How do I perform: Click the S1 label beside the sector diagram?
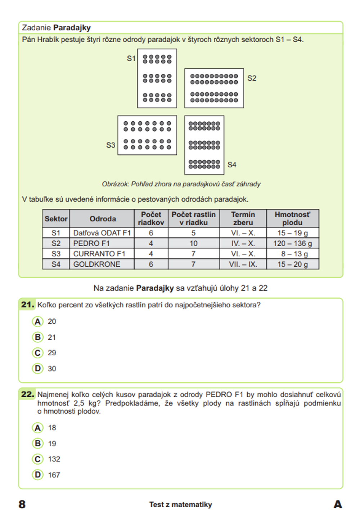point(131,58)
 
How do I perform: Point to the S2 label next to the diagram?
point(252,78)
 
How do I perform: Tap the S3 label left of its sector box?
point(111,145)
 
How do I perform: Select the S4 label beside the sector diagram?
point(232,165)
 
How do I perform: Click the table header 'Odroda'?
point(103,219)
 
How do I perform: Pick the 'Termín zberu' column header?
point(243,219)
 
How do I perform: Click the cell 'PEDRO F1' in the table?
point(91,243)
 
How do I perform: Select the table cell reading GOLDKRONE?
point(96,264)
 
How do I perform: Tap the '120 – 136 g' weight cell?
point(292,243)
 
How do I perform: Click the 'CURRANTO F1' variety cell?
point(99,254)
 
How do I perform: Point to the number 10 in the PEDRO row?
point(193,243)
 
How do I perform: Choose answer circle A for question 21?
point(38,321)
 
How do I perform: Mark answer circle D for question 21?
point(38,369)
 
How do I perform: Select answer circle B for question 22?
point(38,444)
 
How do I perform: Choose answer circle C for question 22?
point(38,459)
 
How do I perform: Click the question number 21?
point(27,305)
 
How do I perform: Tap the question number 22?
point(27,395)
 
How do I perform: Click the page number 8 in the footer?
point(22,504)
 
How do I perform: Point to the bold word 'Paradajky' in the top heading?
point(72,28)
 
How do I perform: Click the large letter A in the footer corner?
point(338,504)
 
